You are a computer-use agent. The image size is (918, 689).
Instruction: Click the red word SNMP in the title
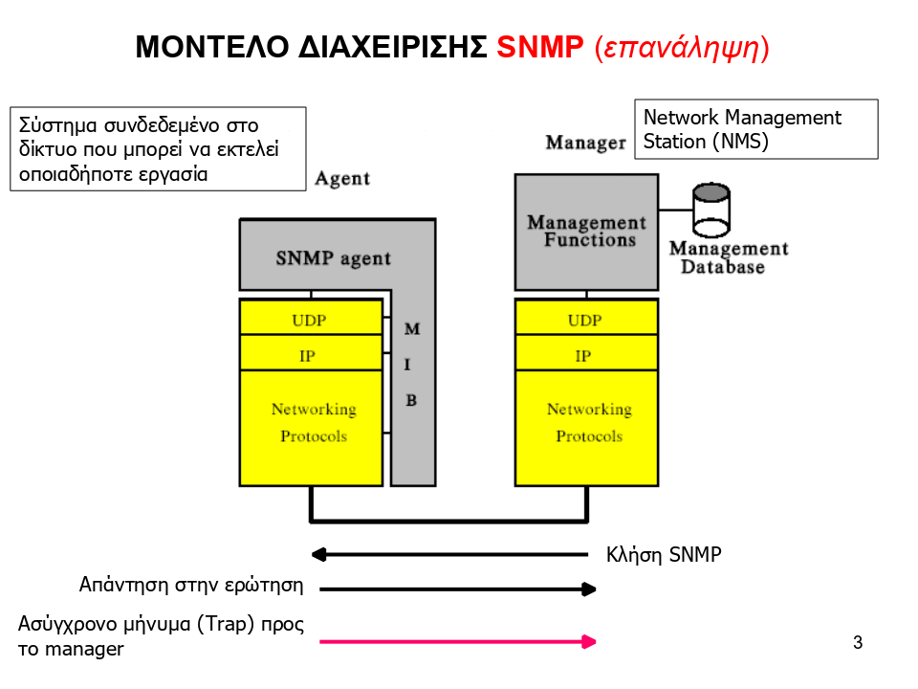tap(540, 48)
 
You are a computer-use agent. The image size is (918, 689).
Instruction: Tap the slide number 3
tap(858, 642)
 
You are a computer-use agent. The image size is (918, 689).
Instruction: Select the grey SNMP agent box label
tap(333, 258)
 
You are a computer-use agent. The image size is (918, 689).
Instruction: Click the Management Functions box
tap(586, 232)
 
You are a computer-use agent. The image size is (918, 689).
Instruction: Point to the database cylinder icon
tap(710, 210)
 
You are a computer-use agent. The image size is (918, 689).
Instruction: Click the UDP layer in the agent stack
tap(309, 321)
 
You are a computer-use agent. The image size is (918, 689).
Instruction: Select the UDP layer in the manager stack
tap(584, 321)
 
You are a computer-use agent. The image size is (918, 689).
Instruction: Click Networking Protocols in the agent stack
tap(313, 423)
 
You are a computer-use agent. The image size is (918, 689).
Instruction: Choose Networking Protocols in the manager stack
tap(588, 423)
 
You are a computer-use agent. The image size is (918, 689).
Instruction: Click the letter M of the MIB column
tap(411, 329)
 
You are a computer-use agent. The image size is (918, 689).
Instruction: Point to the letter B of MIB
tap(411, 400)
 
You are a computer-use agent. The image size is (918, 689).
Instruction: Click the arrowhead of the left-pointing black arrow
tap(319, 553)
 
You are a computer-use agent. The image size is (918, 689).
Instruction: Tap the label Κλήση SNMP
tap(664, 555)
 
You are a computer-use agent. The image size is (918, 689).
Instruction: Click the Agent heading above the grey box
tap(342, 179)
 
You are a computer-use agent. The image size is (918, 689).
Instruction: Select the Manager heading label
tap(585, 143)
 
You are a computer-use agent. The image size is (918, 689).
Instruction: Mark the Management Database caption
tap(728, 258)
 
